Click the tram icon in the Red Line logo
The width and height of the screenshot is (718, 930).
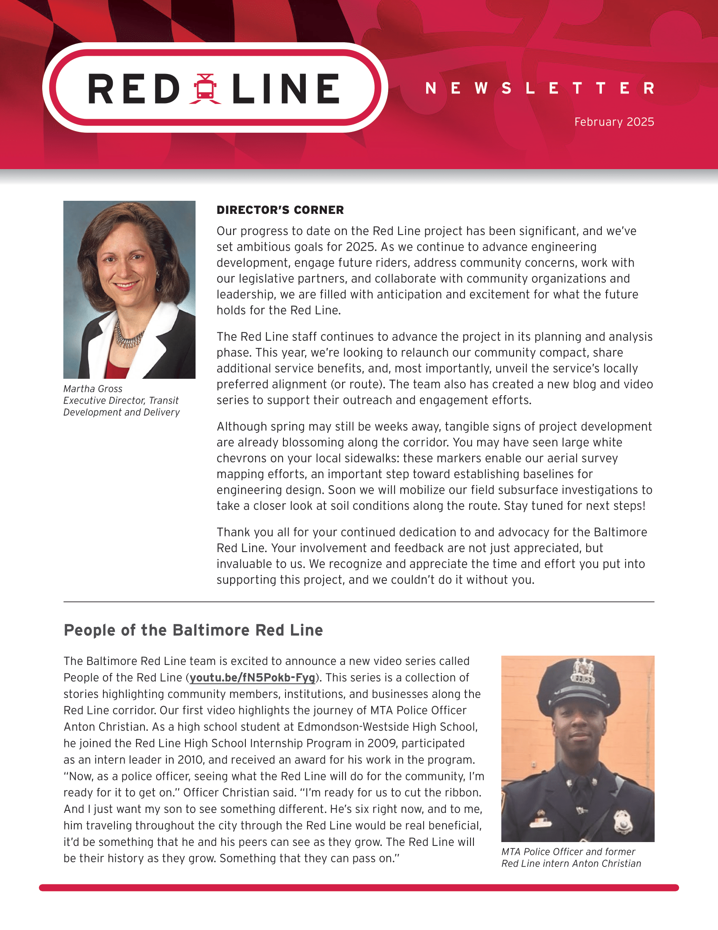(205, 89)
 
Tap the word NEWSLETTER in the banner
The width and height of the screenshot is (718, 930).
(539, 88)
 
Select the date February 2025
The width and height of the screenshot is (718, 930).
(614, 122)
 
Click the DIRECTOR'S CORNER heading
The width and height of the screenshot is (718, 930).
(280, 210)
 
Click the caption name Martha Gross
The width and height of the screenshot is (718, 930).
(93, 389)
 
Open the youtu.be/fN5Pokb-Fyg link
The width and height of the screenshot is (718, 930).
(252, 678)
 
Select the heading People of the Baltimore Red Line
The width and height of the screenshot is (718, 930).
(193, 630)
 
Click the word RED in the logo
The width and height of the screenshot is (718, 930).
(134, 89)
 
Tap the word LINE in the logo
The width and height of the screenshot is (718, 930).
(286, 89)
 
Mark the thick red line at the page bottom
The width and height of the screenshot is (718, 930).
(359, 888)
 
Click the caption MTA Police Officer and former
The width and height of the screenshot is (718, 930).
(568, 852)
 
